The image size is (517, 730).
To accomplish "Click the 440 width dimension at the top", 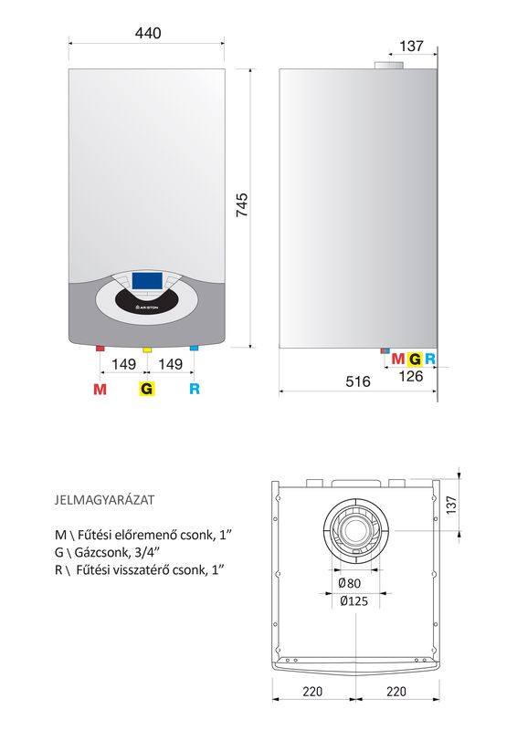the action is tap(148, 33).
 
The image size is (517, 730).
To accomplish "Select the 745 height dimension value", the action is tap(242, 204).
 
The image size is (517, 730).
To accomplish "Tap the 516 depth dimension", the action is tap(358, 381).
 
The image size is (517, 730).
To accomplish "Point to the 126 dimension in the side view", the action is tap(411, 376).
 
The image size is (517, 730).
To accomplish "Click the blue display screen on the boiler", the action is tap(147, 281).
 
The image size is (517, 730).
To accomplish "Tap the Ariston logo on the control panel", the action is tap(146, 308).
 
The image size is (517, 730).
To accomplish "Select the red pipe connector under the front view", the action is tap(100, 349).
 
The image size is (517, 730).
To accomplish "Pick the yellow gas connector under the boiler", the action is tap(147, 349).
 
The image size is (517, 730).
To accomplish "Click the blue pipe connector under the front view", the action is tap(194, 349).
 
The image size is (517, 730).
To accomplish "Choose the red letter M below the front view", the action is tap(100, 389).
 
